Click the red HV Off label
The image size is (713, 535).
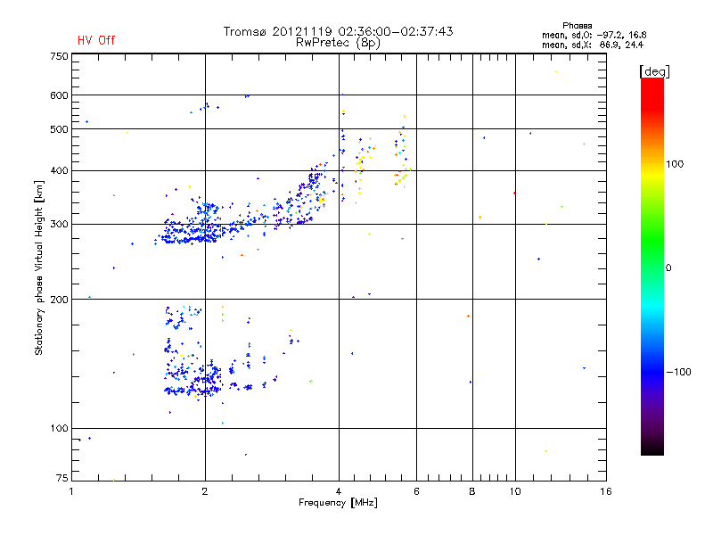[96, 40]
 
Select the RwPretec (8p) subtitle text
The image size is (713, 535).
[338, 42]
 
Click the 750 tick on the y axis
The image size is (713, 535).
[60, 56]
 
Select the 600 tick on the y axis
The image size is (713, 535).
[60, 95]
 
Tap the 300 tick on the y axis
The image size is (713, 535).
[60, 224]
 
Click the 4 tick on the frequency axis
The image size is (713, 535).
[339, 491]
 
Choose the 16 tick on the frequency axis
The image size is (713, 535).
[605, 491]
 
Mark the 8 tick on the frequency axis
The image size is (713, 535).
[471, 491]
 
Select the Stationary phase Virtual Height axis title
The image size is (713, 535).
[39, 267]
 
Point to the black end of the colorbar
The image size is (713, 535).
[652, 450]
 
